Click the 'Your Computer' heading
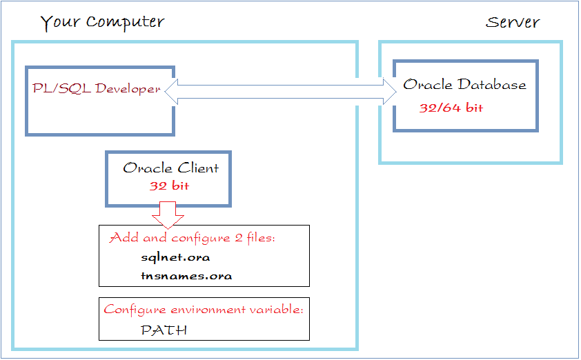(x=102, y=23)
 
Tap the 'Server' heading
(x=513, y=22)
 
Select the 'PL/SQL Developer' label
(x=97, y=89)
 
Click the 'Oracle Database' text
(x=464, y=84)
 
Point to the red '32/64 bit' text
(x=451, y=108)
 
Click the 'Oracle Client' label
(x=171, y=168)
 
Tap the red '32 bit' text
(x=169, y=186)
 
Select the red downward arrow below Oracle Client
(x=168, y=214)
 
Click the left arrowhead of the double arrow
(x=171, y=92)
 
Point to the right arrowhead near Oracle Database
(x=390, y=92)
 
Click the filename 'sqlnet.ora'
(x=175, y=257)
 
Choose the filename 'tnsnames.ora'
(x=186, y=276)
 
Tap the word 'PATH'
(x=164, y=330)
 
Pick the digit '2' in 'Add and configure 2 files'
(x=239, y=237)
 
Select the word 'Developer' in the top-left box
(x=128, y=89)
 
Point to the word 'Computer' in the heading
(x=126, y=23)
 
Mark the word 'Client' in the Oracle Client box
(x=198, y=168)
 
